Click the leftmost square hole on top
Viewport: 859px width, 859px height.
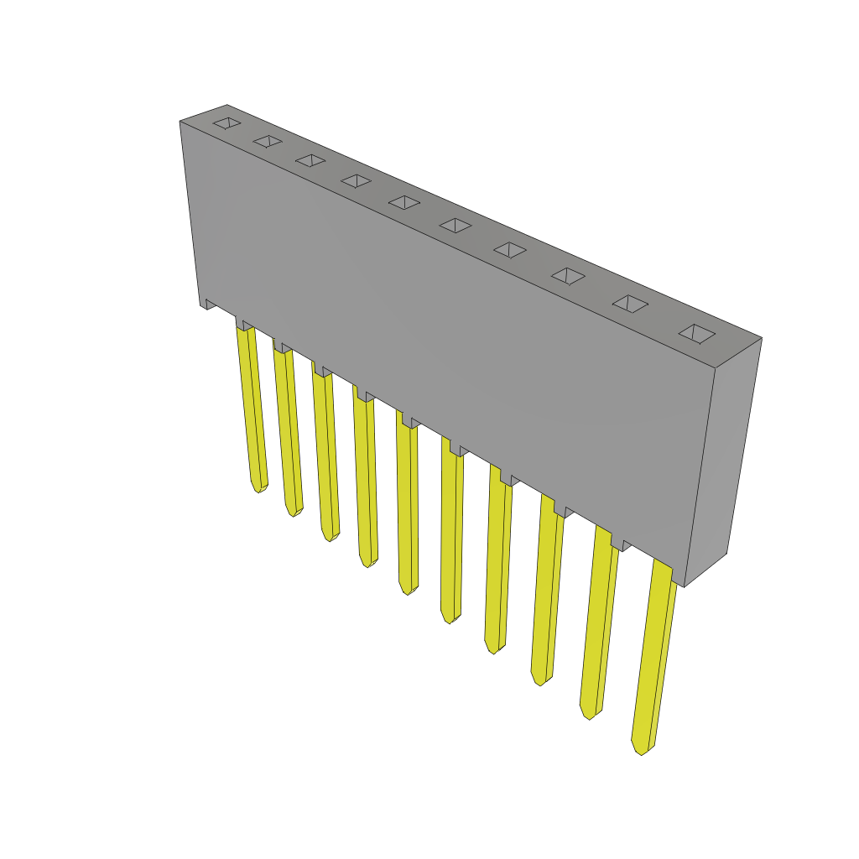point(226,123)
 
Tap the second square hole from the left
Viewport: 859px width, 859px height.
point(268,141)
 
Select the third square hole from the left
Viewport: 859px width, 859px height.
point(310,160)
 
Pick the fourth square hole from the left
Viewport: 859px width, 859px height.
point(356,180)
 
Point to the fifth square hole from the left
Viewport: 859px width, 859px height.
point(404,202)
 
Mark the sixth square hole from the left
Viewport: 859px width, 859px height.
point(456,225)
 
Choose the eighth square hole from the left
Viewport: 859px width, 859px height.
point(568,275)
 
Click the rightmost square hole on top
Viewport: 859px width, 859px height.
point(697,333)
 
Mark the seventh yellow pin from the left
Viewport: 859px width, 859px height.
point(497,562)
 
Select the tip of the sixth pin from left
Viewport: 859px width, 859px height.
point(450,619)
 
